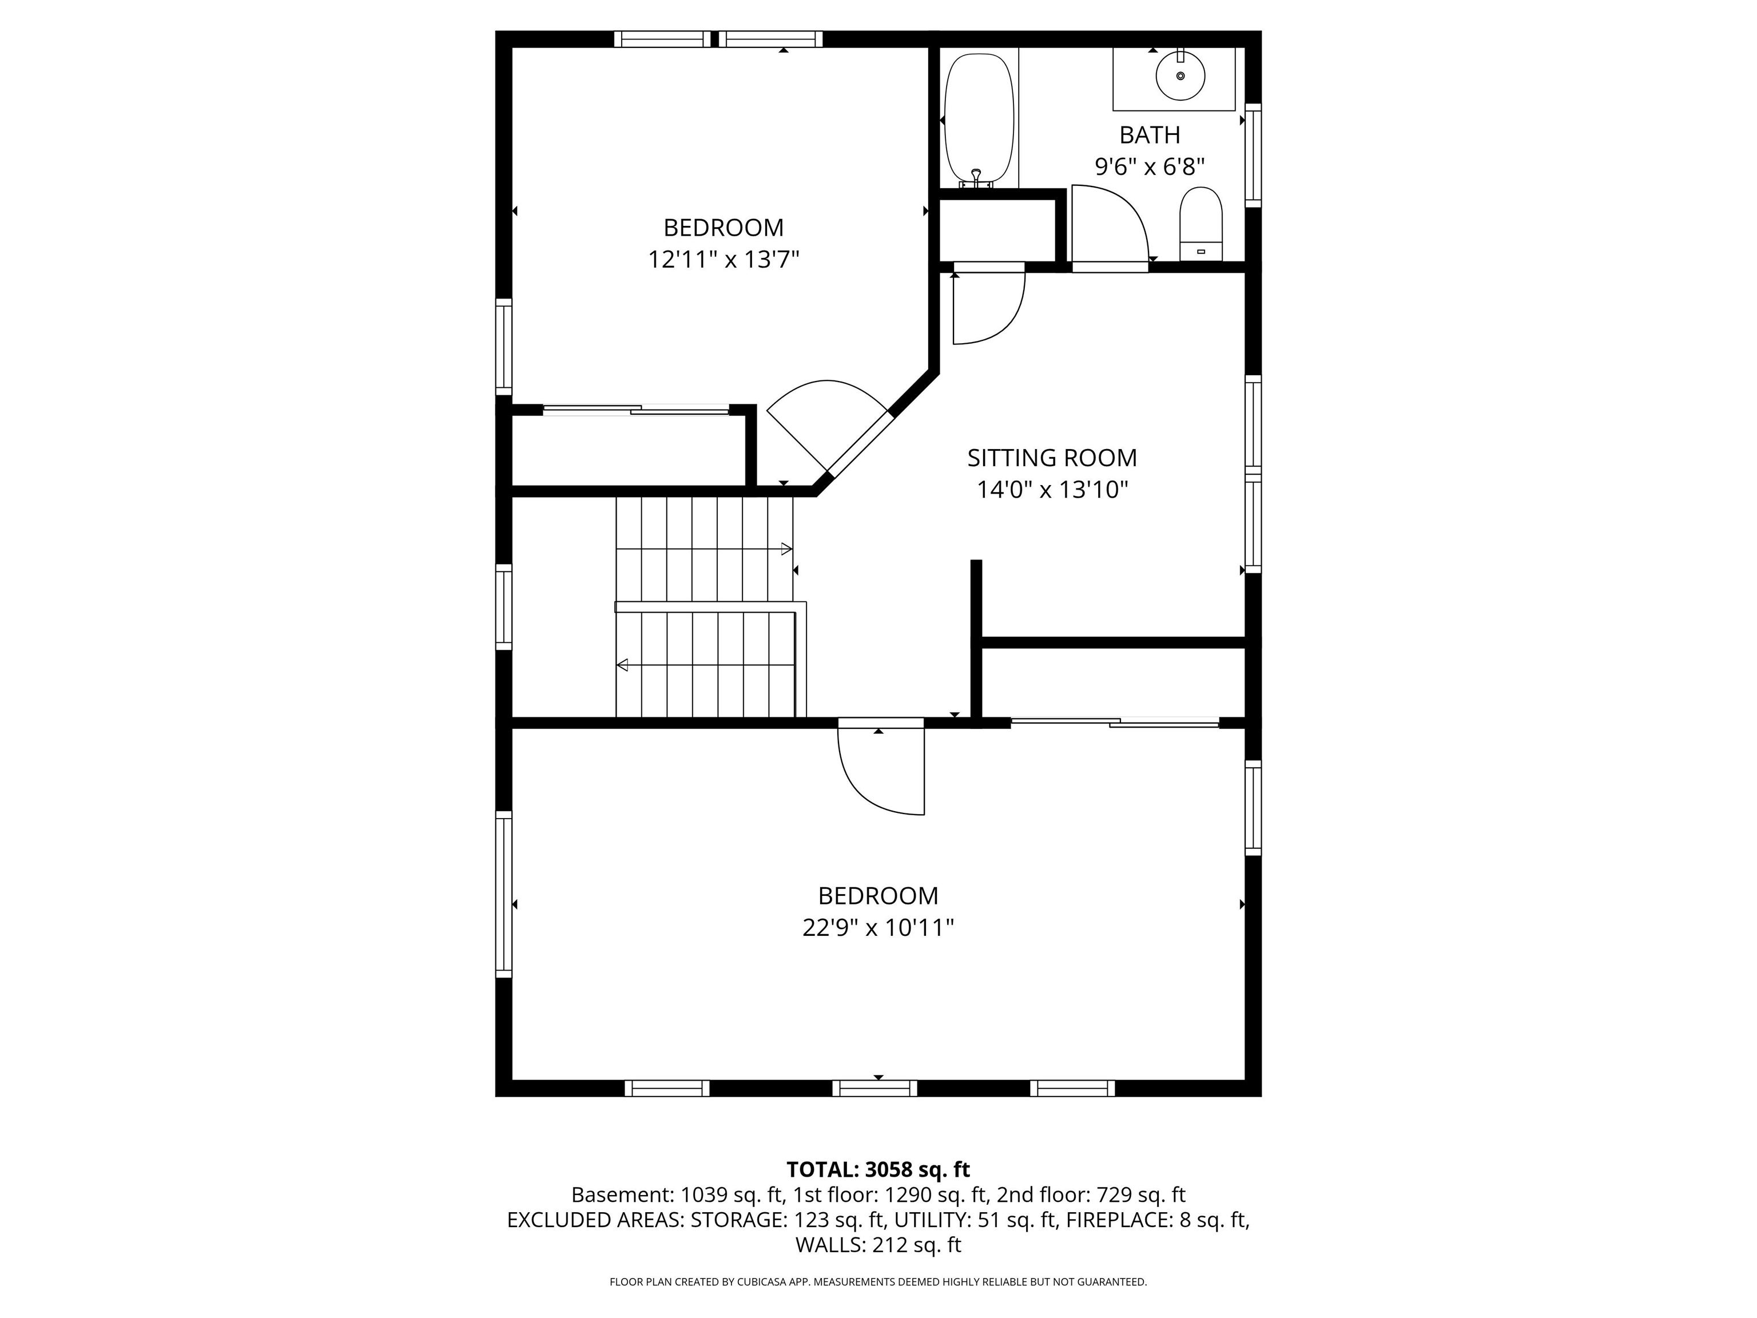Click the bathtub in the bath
pos(979,119)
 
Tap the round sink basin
pos(1180,76)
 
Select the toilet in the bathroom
pos(1200,223)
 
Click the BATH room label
pos(1150,136)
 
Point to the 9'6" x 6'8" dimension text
pos(1150,167)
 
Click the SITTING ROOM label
pos(1052,458)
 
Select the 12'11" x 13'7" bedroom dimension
pos(723,260)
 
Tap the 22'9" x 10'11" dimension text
pos(878,928)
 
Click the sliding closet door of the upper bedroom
pos(635,411)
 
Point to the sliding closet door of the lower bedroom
pos(1114,722)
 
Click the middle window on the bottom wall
pos(874,1089)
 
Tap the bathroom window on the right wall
pos(1253,155)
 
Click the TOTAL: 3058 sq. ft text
pos(878,1169)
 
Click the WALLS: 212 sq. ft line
pos(878,1244)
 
